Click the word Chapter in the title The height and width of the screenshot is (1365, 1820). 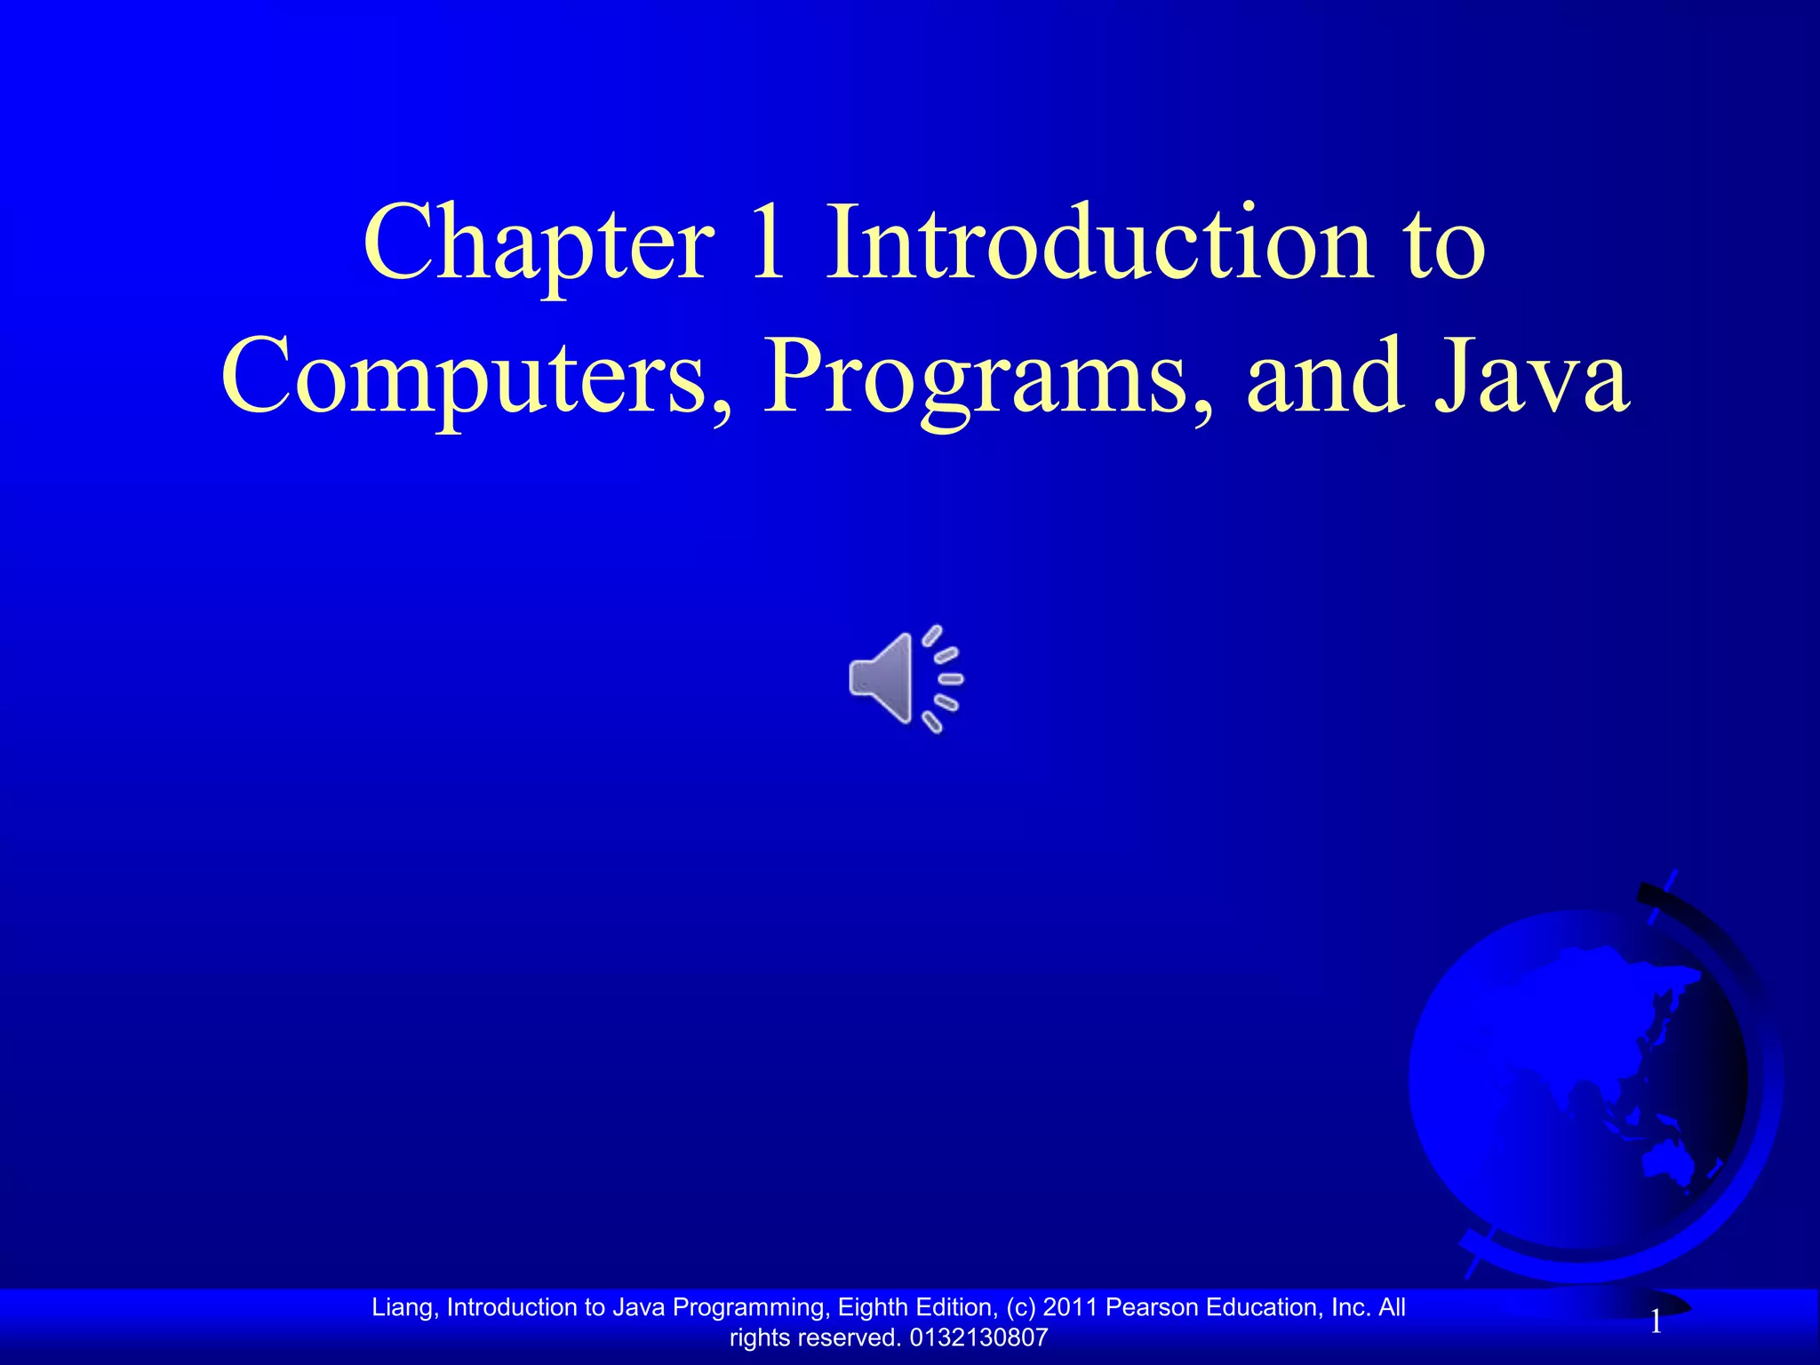pos(538,244)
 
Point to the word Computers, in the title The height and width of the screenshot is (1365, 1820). pos(476,378)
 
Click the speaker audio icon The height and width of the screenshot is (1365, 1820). pos(905,679)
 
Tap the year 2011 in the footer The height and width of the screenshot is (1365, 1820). pos(1070,1307)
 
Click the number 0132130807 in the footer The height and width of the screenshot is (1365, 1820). pos(979,1337)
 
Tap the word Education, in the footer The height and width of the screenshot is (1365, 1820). pos(1264,1307)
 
